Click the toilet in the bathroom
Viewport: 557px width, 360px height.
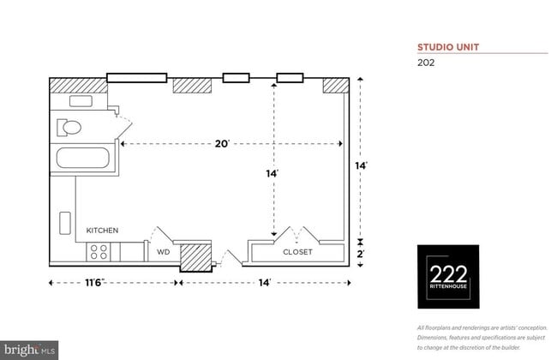tap(69, 129)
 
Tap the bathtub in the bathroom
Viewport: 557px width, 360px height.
tap(81, 159)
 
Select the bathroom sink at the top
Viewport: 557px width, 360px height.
tap(81, 101)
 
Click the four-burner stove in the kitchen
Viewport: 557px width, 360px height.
tap(99, 252)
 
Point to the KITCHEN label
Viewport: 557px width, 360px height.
tap(102, 231)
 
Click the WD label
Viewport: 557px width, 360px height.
tap(162, 253)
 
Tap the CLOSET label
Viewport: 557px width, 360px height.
tap(297, 253)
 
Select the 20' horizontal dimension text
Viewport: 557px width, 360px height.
tap(222, 144)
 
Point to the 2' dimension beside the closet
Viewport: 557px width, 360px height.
tap(362, 253)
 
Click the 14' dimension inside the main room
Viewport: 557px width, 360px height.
tap(272, 173)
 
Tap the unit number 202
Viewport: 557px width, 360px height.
tap(426, 62)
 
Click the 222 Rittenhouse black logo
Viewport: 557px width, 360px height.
tap(448, 277)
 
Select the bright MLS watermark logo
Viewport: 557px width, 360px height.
tap(31, 351)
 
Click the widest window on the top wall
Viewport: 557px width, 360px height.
tap(136, 78)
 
